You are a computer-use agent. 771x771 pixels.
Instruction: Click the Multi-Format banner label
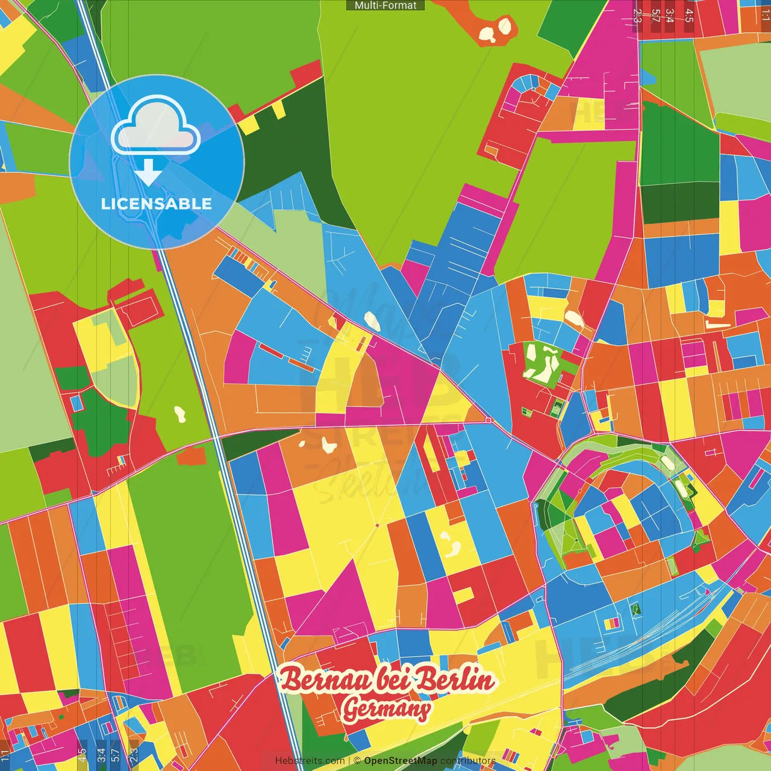pyautogui.click(x=385, y=5)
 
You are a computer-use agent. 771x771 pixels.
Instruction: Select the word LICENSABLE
pyautogui.click(x=157, y=204)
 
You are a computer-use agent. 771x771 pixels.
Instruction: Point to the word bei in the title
pyautogui.click(x=394, y=680)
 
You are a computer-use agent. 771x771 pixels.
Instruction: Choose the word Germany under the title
pyautogui.click(x=386, y=709)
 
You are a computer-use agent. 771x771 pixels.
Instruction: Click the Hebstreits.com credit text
pyautogui.click(x=310, y=761)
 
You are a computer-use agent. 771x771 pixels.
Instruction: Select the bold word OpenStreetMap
pyautogui.click(x=400, y=761)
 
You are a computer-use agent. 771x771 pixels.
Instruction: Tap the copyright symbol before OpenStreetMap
pyautogui.click(x=357, y=761)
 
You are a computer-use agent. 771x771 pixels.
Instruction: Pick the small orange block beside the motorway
pyautogui.click(x=192, y=456)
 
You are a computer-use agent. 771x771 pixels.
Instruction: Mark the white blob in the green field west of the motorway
pyautogui.click(x=179, y=414)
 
